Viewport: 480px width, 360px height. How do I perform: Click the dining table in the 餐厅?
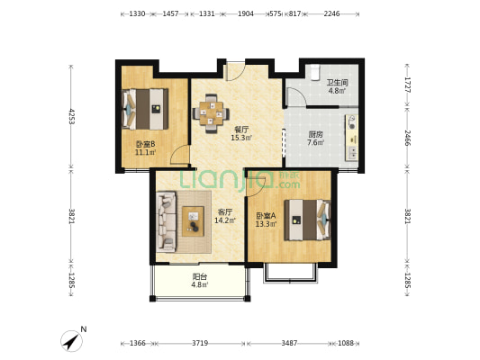[x=211, y=113]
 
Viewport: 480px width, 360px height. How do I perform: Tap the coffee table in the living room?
[x=193, y=221]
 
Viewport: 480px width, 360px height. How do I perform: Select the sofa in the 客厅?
[x=167, y=221]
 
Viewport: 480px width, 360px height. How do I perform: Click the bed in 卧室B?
[x=145, y=109]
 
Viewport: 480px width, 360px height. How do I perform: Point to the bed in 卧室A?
[x=308, y=220]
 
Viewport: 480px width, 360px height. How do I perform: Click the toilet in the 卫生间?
[x=314, y=72]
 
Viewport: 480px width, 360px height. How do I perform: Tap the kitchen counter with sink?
[x=352, y=138]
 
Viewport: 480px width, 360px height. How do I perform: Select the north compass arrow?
[x=72, y=341]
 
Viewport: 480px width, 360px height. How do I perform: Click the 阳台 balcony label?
[x=200, y=277]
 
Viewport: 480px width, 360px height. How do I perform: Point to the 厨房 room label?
[x=315, y=135]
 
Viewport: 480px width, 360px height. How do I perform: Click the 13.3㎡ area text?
[x=266, y=224]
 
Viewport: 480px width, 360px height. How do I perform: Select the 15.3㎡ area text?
[x=241, y=138]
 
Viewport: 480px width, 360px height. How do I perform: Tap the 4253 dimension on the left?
[x=71, y=116]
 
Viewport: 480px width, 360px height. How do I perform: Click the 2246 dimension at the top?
[x=331, y=13]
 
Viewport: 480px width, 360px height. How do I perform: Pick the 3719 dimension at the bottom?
[x=200, y=343]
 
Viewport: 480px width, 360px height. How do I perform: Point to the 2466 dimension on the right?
[x=407, y=138]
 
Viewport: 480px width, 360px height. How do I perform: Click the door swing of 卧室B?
[x=178, y=152]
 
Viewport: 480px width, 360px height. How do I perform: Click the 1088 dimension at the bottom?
[x=346, y=343]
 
